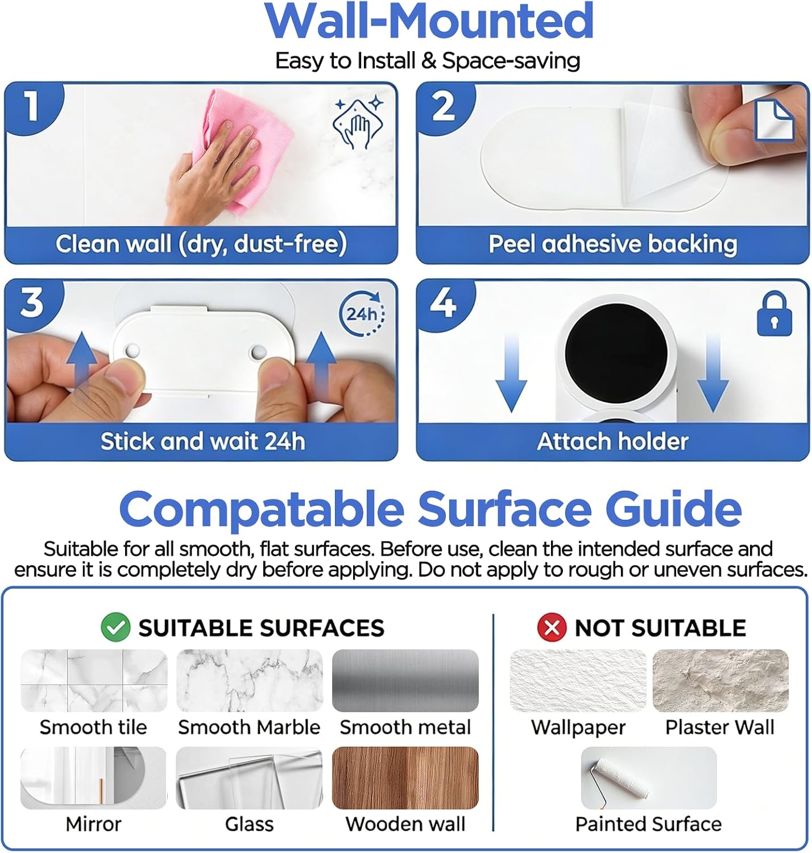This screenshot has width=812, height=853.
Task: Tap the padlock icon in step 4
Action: point(774,314)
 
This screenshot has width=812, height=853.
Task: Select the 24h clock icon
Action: point(362,314)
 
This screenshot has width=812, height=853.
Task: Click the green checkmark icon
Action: point(115,627)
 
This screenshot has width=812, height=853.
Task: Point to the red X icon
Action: point(552,627)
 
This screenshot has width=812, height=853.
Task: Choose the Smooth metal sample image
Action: point(405,680)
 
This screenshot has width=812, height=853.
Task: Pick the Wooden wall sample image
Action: point(405,777)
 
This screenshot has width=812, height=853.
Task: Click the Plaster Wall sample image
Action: point(720,680)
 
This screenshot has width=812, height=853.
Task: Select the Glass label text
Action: point(249,824)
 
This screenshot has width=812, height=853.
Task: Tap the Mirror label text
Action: point(93,824)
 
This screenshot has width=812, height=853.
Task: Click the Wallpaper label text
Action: point(578,728)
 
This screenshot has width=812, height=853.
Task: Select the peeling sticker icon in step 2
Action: point(774,120)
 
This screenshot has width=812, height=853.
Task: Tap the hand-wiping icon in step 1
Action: point(358,123)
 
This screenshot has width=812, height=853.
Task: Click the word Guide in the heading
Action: point(673,508)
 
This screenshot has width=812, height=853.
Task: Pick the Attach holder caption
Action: point(612,441)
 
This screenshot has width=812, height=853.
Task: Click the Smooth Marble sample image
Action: point(249,680)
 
